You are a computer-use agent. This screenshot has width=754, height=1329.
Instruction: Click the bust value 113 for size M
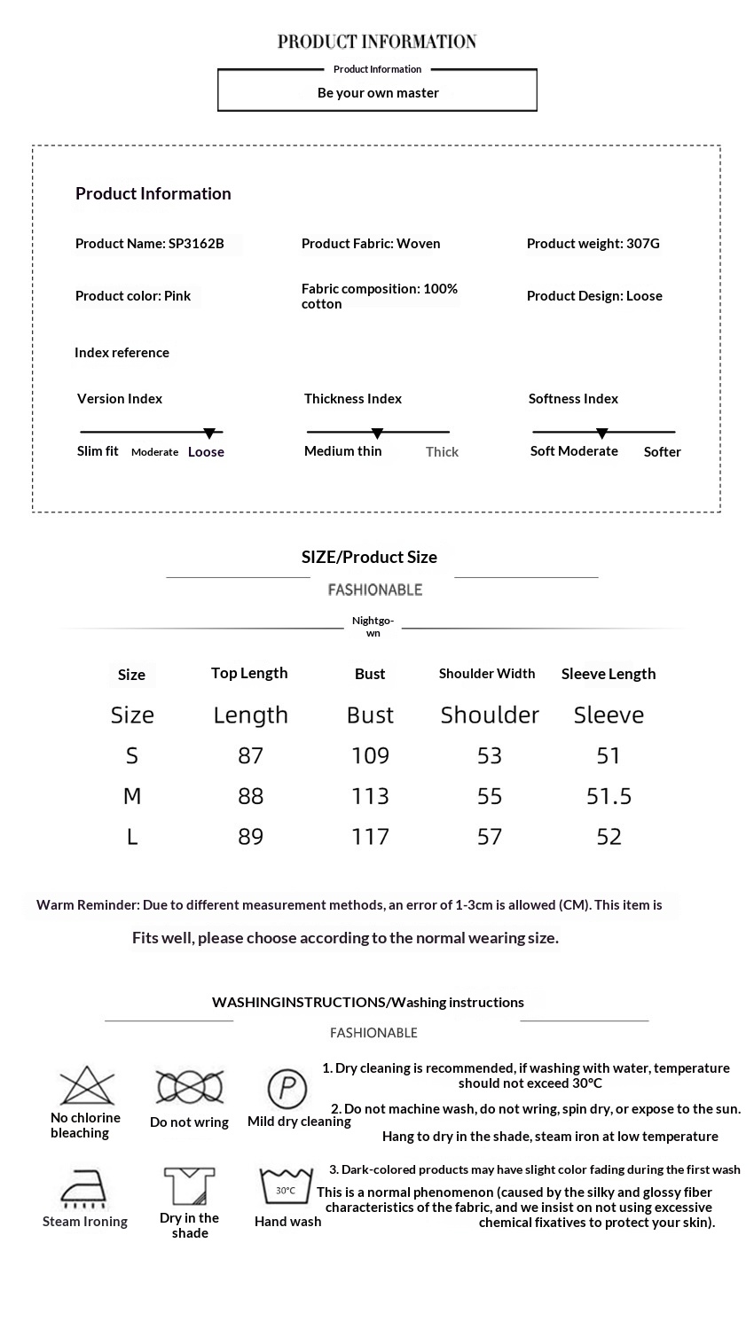pos(370,796)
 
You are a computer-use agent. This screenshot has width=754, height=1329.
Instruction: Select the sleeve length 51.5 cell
pos(609,796)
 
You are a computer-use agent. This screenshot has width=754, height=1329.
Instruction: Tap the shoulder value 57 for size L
pos(490,837)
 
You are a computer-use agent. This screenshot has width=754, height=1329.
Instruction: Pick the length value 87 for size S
pos(251,755)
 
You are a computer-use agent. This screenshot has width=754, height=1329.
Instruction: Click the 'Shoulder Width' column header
pos(487,674)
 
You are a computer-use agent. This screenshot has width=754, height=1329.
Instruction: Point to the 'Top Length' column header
pos(249,673)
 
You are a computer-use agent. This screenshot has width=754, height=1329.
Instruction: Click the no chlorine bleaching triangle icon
pos(87,1085)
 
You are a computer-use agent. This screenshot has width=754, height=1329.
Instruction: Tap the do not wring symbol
pos(189,1086)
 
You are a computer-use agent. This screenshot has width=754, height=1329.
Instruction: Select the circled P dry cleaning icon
pos(287,1088)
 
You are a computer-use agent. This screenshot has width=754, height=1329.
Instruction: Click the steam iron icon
pos(84,1188)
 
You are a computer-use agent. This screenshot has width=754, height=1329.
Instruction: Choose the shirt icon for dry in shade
pos(189,1186)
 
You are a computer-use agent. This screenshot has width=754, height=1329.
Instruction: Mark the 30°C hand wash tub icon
pos(286,1186)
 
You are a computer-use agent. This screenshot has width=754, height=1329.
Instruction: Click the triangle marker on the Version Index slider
pos(209,434)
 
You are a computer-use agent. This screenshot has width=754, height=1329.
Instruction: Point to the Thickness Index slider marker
pos(377,434)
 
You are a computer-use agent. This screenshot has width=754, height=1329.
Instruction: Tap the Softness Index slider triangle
pos(602,434)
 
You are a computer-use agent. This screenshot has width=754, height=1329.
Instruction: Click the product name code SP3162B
pos(196,244)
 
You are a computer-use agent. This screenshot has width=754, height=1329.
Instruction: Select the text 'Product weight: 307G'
pos(593,244)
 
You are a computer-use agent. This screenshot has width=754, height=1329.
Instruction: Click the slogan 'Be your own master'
pos(378,93)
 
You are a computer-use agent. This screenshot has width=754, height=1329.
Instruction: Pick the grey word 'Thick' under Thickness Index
pos(442,452)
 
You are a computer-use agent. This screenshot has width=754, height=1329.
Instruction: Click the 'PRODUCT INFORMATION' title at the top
pos(377,42)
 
